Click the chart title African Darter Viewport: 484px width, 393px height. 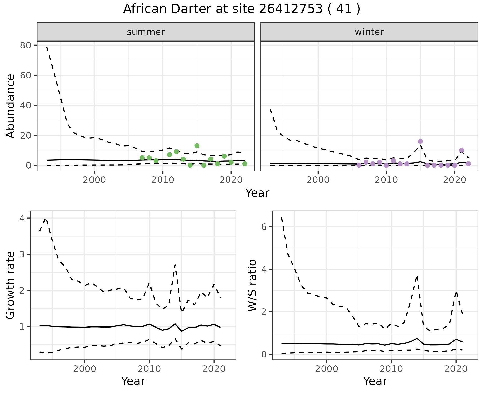[x=241, y=9]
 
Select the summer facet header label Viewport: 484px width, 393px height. [x=146, y=32]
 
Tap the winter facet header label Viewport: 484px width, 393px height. [x=369, y=32]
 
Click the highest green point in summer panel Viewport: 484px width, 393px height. [x=197, y=146]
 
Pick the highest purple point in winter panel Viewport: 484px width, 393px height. [x=420, y=141]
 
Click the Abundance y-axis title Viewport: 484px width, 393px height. [x=11, y=106]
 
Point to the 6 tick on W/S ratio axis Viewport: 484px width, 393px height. [x=264, y=227]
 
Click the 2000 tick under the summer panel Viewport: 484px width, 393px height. [x=95, y=180]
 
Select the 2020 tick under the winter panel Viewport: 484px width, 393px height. [x=455, y=180]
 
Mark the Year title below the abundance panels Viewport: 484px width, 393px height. [x=257, y=193]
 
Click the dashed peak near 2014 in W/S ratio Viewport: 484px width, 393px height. [x=417, y=276]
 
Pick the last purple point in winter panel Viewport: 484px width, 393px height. [x=468, y=164]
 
